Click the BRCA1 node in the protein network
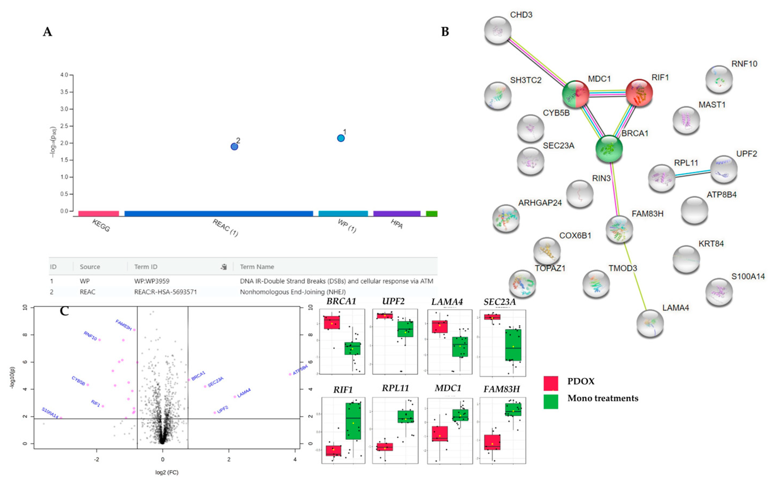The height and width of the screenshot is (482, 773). click(609, 148)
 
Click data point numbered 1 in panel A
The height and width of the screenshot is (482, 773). click(341, 138)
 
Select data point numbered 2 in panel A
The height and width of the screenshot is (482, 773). click(234, 147)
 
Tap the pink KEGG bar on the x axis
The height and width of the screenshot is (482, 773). click(98, 213)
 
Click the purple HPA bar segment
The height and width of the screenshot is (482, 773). click(397, 213)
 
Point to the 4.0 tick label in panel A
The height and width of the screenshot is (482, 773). click(64, 75)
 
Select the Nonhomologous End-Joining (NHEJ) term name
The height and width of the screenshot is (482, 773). click(293, 292)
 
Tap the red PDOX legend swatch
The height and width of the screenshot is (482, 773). click(551, 383)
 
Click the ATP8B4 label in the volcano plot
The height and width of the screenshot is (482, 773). click(300, 370)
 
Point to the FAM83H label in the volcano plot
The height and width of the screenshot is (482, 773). click(124, 325)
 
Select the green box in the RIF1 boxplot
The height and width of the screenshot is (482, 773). click(353, 421)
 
